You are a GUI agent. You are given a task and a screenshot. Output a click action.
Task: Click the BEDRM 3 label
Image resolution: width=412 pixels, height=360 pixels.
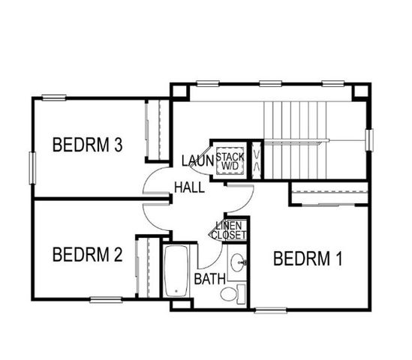(x=88, y=145)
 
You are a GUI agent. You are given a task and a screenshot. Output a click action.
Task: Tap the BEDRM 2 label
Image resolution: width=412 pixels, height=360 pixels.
(x=87, y=255)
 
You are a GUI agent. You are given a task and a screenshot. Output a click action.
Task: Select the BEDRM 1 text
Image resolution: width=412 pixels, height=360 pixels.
(x=308, y=259)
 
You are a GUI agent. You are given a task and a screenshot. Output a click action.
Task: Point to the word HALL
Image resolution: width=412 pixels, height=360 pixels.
(x=189, y=187)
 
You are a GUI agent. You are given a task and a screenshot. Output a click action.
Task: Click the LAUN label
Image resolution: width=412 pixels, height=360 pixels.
(x=198, y=160)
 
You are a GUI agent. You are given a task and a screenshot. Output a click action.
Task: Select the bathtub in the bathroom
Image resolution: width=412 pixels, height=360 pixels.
(x=177, y=271)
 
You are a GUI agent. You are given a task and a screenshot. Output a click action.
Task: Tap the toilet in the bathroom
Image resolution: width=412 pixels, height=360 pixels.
(x=237, y=292)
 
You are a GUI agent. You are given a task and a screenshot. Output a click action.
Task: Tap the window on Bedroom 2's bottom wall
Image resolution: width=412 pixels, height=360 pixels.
(x=106, y=300)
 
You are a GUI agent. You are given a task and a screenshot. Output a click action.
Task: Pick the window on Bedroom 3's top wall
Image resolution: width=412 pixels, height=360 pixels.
(x=55, y=97)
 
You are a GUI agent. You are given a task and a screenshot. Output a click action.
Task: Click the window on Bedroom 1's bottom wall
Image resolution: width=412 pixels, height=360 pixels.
(x=270, y=309)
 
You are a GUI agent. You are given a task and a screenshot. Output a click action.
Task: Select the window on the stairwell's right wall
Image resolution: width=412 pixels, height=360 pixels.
(x=369, y=140)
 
